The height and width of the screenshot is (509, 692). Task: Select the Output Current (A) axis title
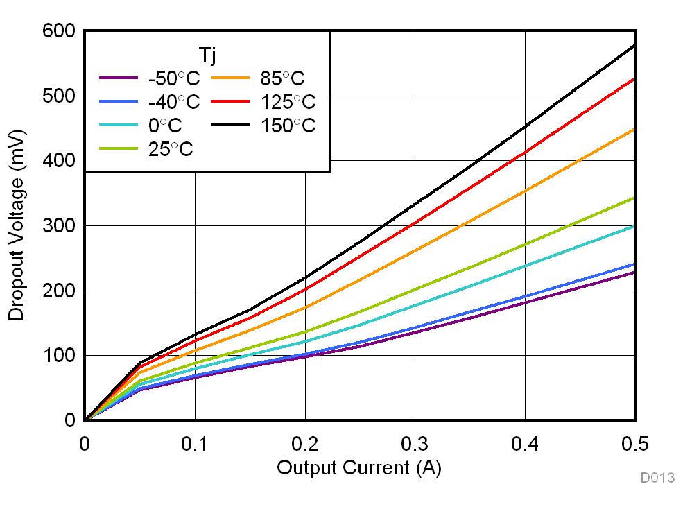tap(358, 468)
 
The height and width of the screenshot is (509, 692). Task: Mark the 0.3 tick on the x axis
tap(415, 443)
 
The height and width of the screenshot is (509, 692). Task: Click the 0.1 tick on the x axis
tap(195, 443)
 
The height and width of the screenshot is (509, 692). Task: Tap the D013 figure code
tap(657, 478)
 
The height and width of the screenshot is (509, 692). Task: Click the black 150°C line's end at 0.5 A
tap(634, 46)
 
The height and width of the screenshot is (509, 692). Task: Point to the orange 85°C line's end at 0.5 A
tap(634, 130)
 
